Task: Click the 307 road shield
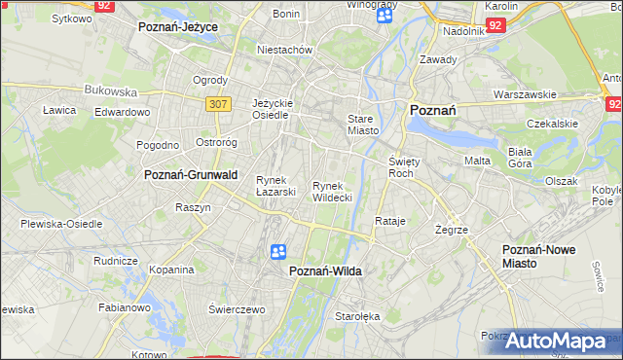click(217, 102)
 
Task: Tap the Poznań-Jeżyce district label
click(178, 27)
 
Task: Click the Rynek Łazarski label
click(275, 185)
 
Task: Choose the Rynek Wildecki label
click(332, 191)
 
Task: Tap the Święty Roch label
click(402, 166)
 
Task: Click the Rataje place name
click(389, 221)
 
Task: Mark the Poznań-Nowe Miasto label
click(538, 256)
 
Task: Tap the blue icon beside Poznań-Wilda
click(278, 252)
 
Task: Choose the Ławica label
click(59, 110)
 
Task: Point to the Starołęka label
click(355, 316)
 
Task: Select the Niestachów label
click(283, 49)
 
